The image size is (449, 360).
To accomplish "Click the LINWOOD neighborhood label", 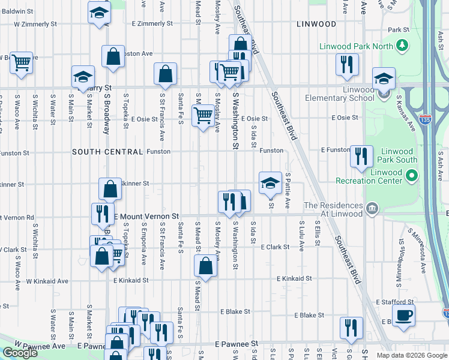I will click(x=316, y=24).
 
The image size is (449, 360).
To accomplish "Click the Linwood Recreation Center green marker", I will click(x=411, y=176).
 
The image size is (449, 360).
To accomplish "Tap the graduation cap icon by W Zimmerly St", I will click(x=100, y=13).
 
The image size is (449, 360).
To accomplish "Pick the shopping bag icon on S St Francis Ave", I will click(x=165, y=74).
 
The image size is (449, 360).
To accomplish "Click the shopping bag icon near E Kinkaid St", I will click(x=205, y=266).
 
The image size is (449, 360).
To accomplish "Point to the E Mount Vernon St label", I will click(x=147, y=215).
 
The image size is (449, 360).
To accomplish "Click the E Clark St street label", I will click(x=276, y=247).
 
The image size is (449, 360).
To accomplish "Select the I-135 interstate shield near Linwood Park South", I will click(x=426, y=120).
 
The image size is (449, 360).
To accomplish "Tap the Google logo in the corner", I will click(x=20, y=352).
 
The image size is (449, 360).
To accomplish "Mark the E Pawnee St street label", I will click(x=236, y=344).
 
